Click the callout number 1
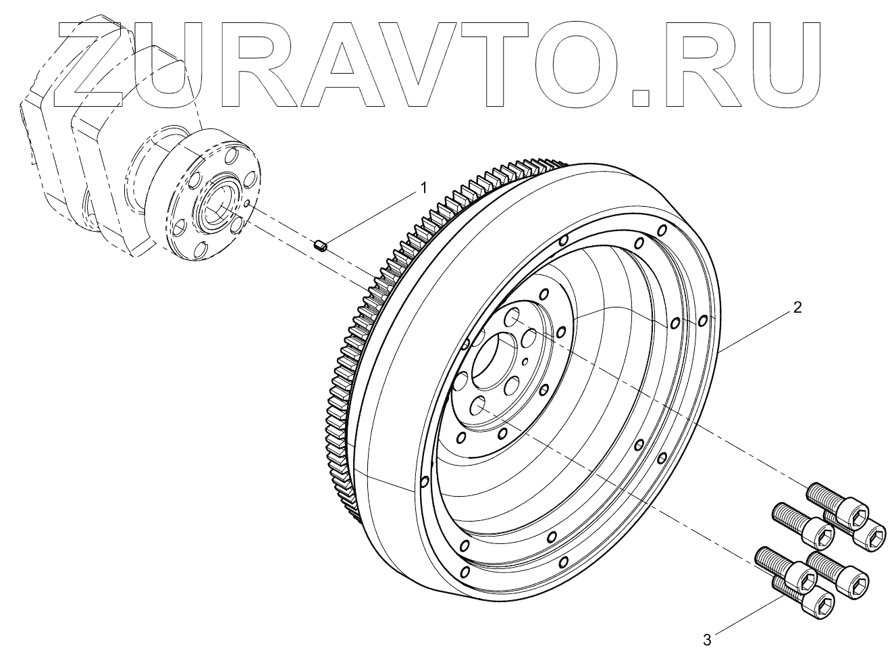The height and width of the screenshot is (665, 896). tap(424, 187)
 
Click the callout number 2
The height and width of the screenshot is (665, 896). tap(797, 307)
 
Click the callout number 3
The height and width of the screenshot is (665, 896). tap(707, 639)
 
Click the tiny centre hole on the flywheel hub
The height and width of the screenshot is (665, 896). tap(525, 362)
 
